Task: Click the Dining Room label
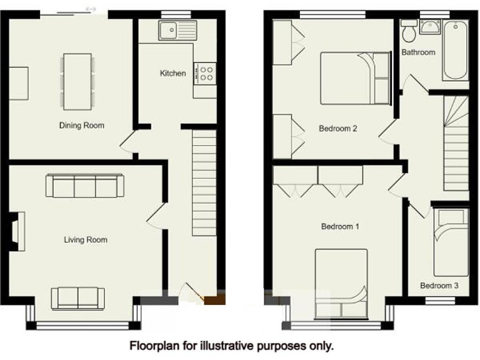(82, 126)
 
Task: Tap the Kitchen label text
(173, 74)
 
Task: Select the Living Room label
(86, 239)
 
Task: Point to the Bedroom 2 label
(337, 129)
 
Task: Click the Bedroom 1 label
(340, 226)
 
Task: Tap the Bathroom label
(418, 52)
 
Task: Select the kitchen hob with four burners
(206, 72)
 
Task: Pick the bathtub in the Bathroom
(455, 50)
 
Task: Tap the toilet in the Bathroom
(410, 31)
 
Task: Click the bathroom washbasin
(431, 27)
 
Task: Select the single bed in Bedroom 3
(451, 242)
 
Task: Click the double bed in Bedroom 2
(354, 78)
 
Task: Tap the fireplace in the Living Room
(17, 231)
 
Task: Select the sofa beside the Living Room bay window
(78, 298)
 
